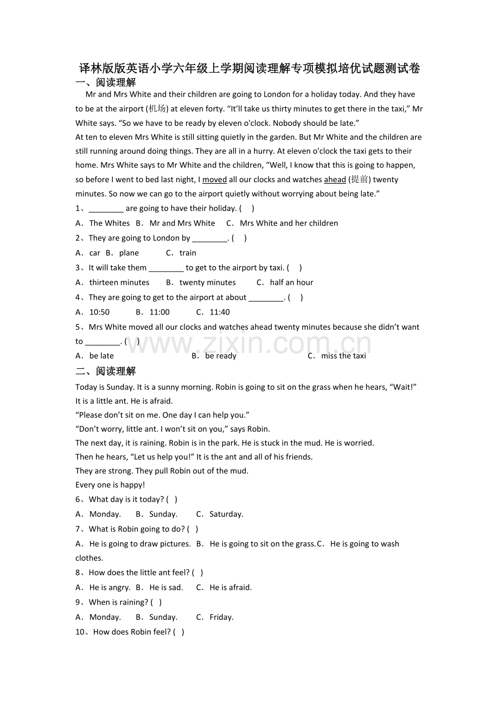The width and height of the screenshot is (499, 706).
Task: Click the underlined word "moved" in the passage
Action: pos(214,179)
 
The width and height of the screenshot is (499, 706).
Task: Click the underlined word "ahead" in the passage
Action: pos(335,179)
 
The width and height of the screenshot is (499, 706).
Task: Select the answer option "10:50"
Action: pos(99,312)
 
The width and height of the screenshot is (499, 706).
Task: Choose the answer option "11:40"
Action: pos(219,312)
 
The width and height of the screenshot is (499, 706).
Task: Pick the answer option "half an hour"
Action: pos(291,283)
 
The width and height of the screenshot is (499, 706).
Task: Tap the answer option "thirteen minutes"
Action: pos(119,283)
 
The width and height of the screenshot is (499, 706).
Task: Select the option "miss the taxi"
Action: pos(343,356)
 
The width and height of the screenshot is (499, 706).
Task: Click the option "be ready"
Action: pos(221,356)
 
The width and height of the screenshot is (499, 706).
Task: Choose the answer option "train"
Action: pos(188,253)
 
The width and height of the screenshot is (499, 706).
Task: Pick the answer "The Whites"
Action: pos(110,223)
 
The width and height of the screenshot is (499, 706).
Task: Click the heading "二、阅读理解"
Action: pos(106,371)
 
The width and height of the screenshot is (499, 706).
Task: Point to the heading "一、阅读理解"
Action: pos(106,82)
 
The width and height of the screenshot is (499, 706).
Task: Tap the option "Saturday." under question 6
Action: pos(226,514)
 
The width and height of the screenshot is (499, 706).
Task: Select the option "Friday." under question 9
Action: pos(221,617)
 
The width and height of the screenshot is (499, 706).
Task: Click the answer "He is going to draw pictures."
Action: pos(140,544)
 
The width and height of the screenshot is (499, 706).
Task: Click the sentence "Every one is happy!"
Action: pos(110,485)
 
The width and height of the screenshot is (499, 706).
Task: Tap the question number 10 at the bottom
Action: pos(84,632)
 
